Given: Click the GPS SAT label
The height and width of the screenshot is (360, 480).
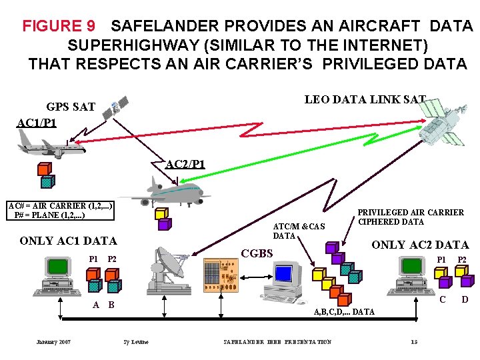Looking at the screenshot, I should point(71,107).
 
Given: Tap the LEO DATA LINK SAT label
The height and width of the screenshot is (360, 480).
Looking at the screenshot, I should point(365,100).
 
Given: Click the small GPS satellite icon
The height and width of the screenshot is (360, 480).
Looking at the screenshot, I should point(114,108).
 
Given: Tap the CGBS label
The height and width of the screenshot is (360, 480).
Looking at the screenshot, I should point(257,253).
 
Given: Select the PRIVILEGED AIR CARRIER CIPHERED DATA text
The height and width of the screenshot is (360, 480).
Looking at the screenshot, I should point(411,217).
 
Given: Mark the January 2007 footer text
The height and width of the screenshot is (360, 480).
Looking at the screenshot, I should point(53,342).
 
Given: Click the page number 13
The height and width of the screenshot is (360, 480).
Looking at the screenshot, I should point(414,342).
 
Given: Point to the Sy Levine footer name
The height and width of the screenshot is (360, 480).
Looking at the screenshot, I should point(136,342).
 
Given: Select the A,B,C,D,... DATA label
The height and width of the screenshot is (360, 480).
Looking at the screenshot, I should point(344,311).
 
